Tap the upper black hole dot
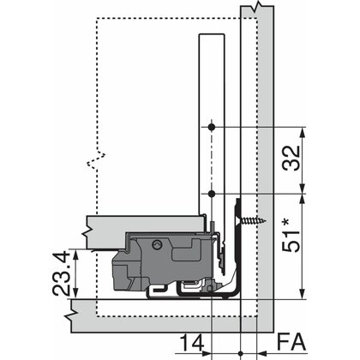point(210,127)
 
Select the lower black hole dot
point(210,195)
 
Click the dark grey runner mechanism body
point(167,257)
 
